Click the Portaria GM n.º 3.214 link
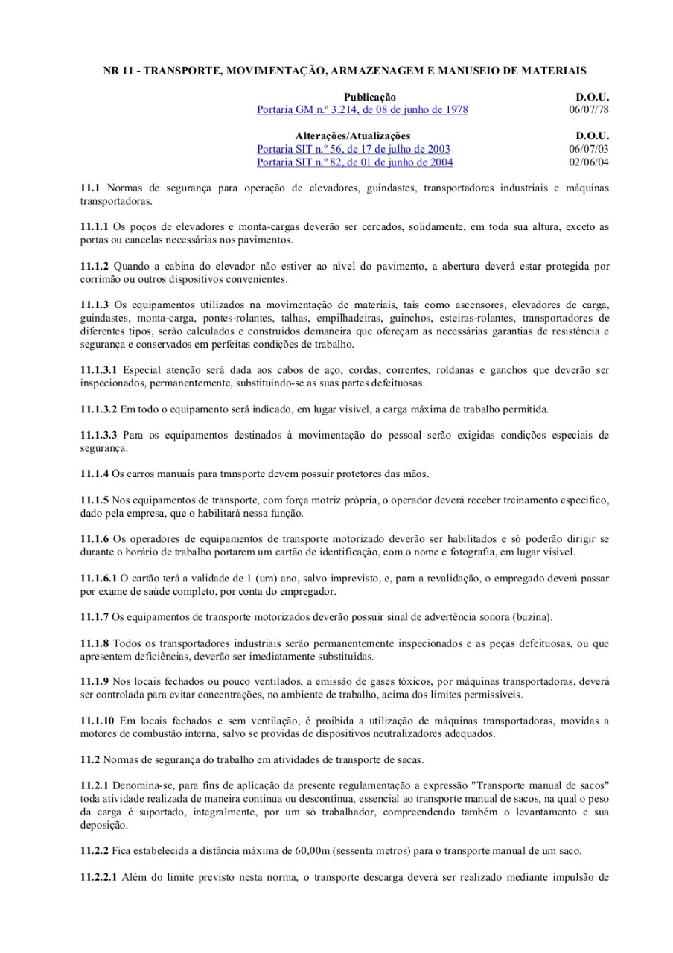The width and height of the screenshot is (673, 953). pos(362,109)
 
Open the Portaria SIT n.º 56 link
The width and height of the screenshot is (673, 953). pos(353,149)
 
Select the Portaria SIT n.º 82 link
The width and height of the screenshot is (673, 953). pos(354,162)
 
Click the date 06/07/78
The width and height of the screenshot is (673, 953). pos(588,109)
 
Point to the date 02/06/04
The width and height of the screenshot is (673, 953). pos(588,162)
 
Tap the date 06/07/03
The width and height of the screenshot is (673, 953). pos(588,149)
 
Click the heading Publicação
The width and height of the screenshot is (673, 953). pos(369,97)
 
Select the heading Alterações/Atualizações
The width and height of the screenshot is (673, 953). pos(353,136)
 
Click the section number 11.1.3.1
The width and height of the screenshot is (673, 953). pos(98,370)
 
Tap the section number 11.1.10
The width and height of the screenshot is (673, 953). pos(97,721)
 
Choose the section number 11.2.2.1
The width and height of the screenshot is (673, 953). pos(98,877)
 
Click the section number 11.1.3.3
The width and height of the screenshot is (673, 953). pos(98,436)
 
